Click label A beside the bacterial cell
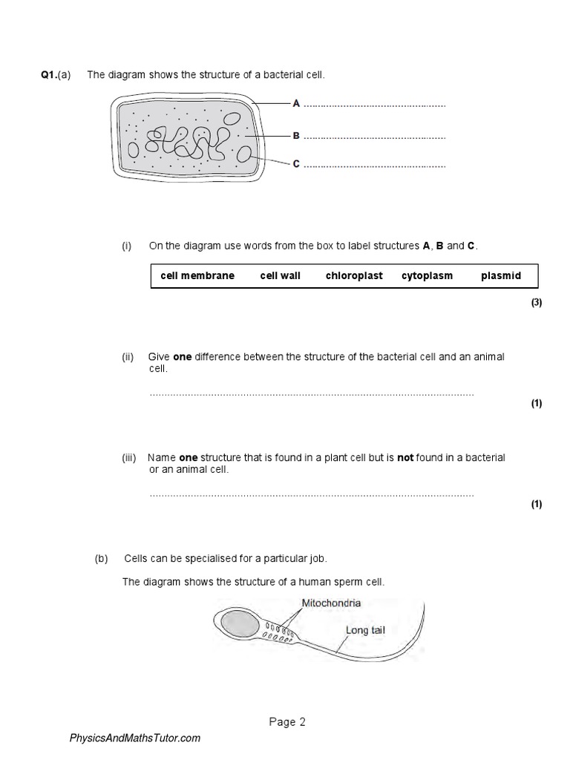pyautogui.click(x=296, y=104)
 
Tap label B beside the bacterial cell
pyautogui.click(x=296, y=136)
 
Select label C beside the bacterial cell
pyautogui.click(x=296, y=164)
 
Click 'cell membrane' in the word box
pyautogui.click(x=197, y=275)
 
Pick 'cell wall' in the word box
pyautogui.click(x=280, y=275)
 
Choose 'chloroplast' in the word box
pyautogui.click(x=354, y=275)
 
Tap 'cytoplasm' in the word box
pyautogui.click(x=427, y=275)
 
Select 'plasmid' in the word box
pyautogui.click(x=501, y=275)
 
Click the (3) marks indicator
pyautogui.click(x=537, y=303)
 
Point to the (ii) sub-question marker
pyautogui.click(x=128, y=357)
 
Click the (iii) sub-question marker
pyautogui.click(x=130, y=458)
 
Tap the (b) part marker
pyautogui.click(x=102, y=558)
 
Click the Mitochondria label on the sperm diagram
pyautogui.click(x=331, y=603)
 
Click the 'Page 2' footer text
pyautogui.click(x=285, y=721)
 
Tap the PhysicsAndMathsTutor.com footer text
pyautogui.click(x=135, y=738)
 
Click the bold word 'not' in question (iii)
pyautogui.click(x=404, y=458)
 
